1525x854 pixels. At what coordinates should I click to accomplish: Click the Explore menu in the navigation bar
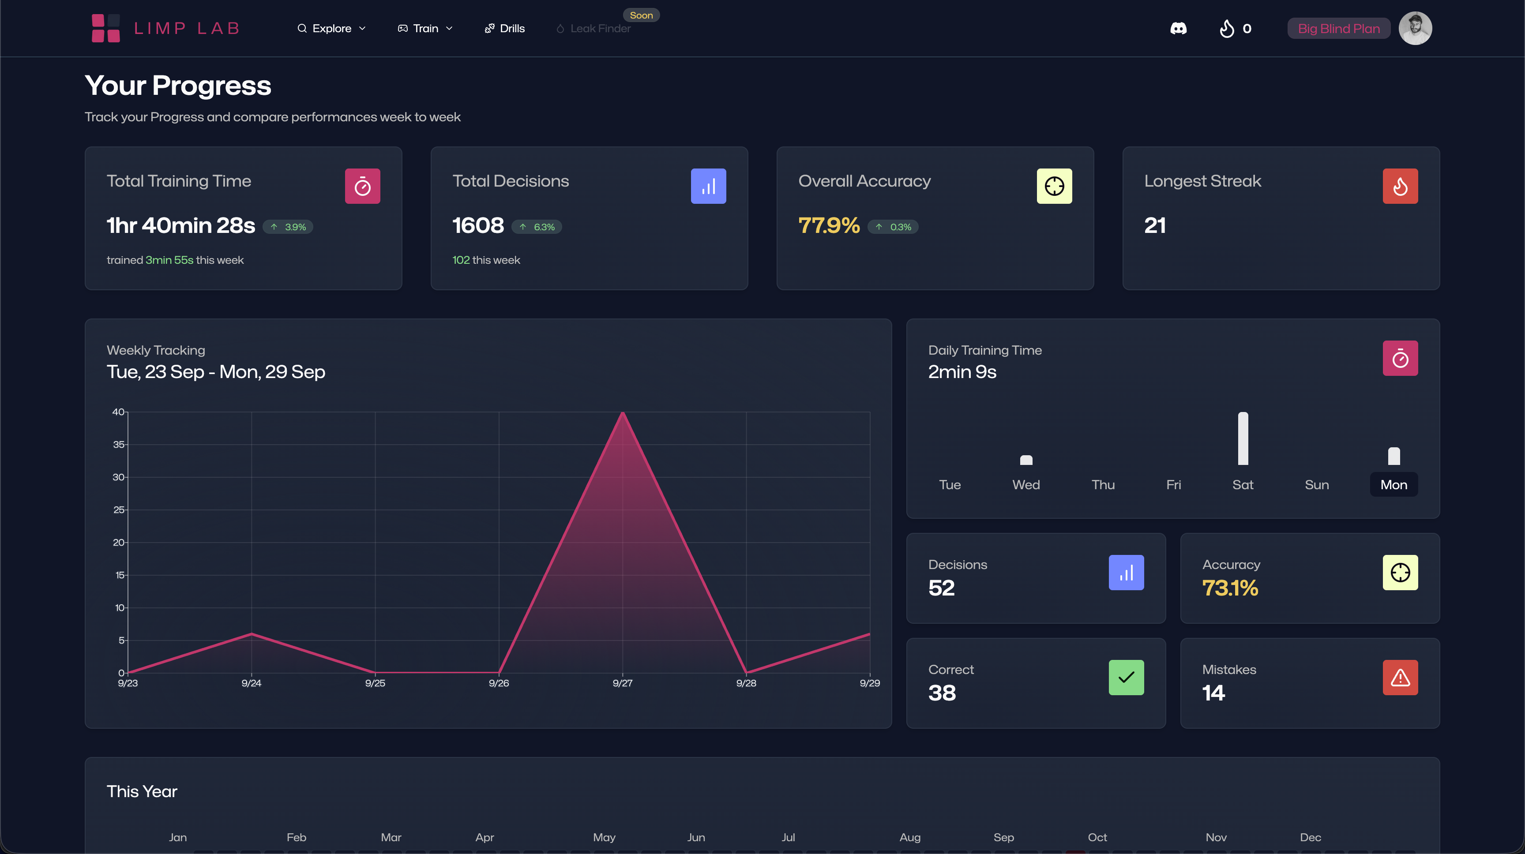331,28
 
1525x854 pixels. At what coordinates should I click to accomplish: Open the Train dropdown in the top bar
425,28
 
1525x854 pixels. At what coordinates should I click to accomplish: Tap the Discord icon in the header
1178,28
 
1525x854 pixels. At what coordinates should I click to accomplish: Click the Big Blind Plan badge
1338,28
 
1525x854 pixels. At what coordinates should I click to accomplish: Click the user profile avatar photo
1415,28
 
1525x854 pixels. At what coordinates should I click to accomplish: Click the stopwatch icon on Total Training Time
362,187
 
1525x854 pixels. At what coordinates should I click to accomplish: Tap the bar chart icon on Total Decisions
708,187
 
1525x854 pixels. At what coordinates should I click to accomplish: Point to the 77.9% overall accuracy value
829,225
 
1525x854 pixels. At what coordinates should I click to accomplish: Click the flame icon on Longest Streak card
1400,187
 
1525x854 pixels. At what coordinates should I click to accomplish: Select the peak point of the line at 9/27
623,412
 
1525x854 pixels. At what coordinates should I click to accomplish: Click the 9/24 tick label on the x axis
251,683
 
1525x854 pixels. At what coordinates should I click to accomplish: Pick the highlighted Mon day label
1394,485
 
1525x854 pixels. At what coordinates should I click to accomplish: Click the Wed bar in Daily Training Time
1026,460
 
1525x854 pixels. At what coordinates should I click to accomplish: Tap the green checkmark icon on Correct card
1126,678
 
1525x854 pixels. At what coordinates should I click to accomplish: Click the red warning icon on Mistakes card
1400,678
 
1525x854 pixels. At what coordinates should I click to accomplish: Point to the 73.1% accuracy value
1230,588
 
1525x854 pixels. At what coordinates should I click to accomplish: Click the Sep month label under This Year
1003,837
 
